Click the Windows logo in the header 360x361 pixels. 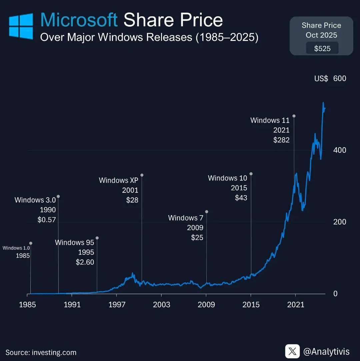(21, 26)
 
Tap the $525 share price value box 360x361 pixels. (322, 48)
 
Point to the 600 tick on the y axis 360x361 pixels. (340, 79)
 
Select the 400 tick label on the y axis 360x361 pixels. (340, 150)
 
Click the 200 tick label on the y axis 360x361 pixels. (340, 222)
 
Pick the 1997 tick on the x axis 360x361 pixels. (117, 304)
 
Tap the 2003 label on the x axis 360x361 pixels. (161, 304)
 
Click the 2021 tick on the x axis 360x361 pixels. (296, 304)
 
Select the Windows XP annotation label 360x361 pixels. (118, 180)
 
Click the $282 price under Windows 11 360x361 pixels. (281, 140)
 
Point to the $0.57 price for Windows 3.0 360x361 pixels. (47, 220)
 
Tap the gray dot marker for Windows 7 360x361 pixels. (207, 211)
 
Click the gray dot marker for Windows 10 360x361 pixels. (251, 174)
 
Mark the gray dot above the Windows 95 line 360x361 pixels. (97, 238)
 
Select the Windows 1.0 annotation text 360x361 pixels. (16, 248)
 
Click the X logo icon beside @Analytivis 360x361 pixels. (292, 351)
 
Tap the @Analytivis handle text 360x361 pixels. (326, 352)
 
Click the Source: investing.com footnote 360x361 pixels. (41, 352)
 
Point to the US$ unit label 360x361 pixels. (321, 79)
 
